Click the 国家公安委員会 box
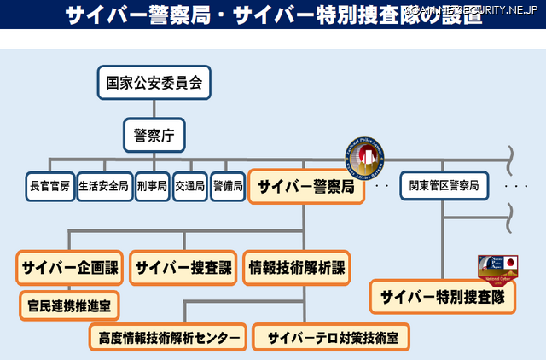pyautogui.click(x=154, y=83)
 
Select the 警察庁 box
pyautogui.click(x=154, y=135)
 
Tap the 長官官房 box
pyautogui.click(x=50, y=185)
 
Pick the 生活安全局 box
pyautogui.click(x=104, y=185)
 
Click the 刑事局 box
pyautogui.click(x=152, y=185)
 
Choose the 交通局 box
pyautogui.click(x=189, y=185)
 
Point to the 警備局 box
pyautogui.click(x=228, y=185)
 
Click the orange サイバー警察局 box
pyautogui.click(x=306, y=186)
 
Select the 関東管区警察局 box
pyautogui.click(x=444, y=185)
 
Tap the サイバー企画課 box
pyautogui.click(x=69, y=267)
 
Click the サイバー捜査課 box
pyautogui.click(x=183, y=267)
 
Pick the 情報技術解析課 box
pyautogui.click(x=296, y=267)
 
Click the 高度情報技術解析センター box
pyautogui.click(x=167, y=337)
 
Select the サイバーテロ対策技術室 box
pyautogui.click(x=332, y=337)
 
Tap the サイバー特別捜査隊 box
pyautogui.click(x=443, y=297)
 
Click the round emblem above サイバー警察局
pyautogui.click(x=365, y=157)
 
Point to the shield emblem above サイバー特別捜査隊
pyautogui.click(x=498, y=268)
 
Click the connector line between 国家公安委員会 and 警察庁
pyautogui.click(x=154, y=108)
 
